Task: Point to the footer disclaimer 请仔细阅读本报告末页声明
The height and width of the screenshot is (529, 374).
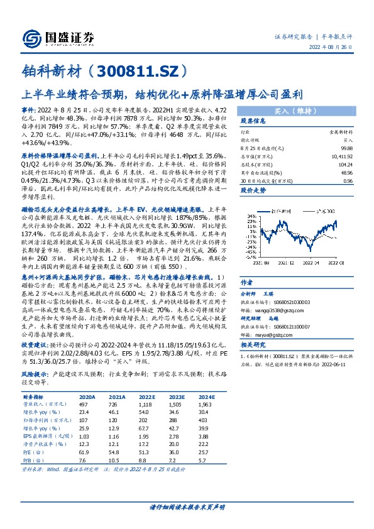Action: tap(187, 506)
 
